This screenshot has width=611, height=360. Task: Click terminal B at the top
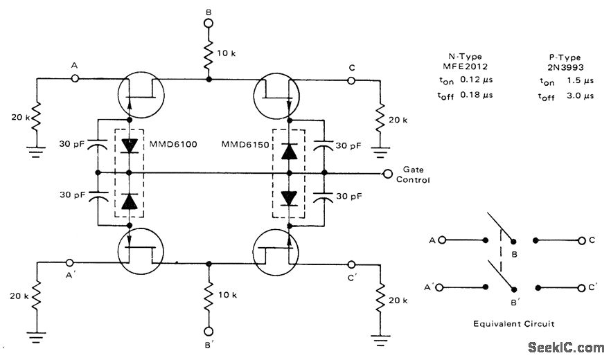click(208, 23)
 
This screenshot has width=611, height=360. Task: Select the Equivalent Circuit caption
click(513, 323)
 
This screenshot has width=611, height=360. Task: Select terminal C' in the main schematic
click(351, 264)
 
